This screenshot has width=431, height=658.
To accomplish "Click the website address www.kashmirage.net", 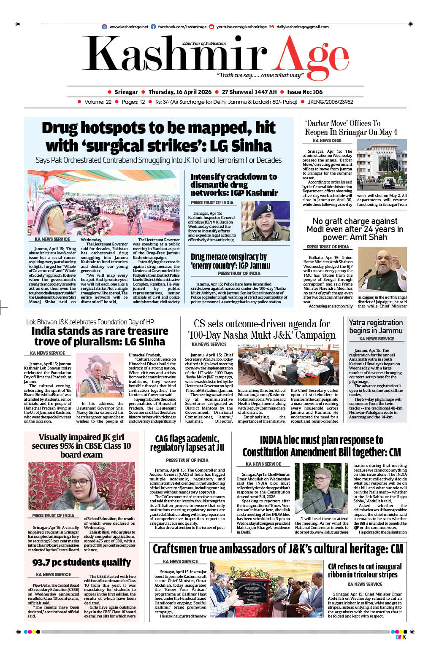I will click(129, 27).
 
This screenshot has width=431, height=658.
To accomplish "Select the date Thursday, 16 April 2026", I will click(180, 92).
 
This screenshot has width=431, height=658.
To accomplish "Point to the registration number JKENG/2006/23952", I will click(331, 102).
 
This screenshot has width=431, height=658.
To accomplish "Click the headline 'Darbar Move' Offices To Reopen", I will click(351, 127).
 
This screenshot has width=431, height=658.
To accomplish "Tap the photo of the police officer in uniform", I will click(266, 221).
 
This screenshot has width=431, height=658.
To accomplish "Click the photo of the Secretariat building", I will click(382, 165).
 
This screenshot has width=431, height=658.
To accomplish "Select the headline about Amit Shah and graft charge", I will click(355, 229).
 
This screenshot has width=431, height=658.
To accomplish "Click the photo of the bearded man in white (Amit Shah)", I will click(382, 270).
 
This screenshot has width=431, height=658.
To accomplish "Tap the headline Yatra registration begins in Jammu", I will click(376, 326).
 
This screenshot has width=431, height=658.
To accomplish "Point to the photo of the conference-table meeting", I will click(288, 365).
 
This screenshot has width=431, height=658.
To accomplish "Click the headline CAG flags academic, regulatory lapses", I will click(187, 443).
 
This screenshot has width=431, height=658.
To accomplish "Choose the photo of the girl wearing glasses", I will click(81, 486).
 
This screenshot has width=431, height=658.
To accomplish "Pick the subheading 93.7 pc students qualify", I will click(81, 562).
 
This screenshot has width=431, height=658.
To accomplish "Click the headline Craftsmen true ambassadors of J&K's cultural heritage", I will click(278, 549).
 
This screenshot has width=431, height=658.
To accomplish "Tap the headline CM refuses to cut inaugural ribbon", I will click(365, 570).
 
